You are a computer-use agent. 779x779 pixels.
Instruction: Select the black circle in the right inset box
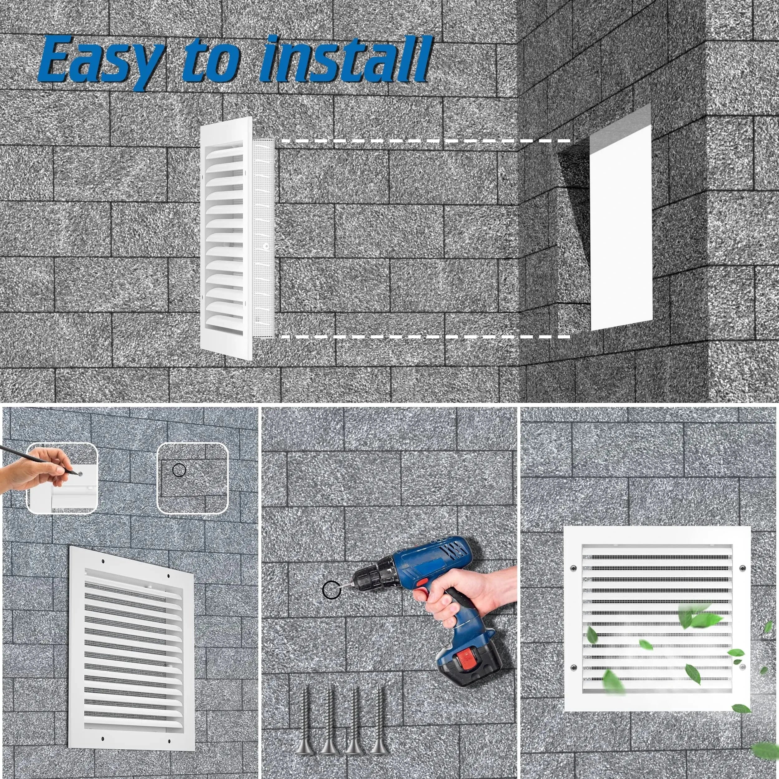179,470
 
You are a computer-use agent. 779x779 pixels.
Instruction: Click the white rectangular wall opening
621,228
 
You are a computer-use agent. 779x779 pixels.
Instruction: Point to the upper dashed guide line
423,141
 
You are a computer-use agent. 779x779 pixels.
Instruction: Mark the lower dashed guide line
423,336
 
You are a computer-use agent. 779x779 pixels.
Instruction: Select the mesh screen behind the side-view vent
264,238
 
